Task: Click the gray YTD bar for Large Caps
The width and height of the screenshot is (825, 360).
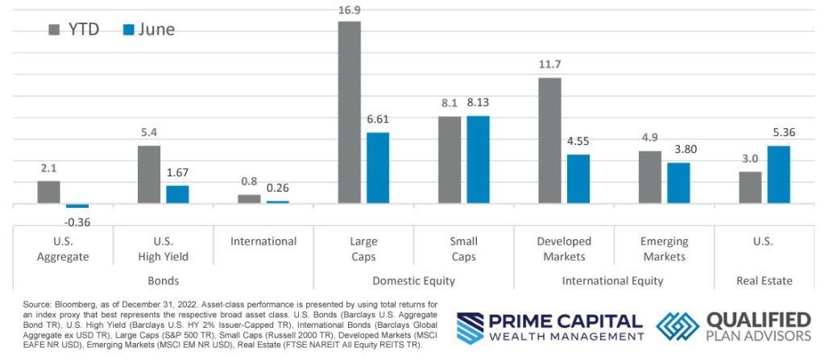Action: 349,112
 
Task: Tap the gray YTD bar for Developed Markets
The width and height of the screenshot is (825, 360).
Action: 549,140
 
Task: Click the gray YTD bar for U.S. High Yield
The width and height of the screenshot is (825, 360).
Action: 149,175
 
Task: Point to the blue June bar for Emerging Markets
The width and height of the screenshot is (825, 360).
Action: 678,183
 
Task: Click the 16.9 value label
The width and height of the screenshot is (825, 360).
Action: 349,9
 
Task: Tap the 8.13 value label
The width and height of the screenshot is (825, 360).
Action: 478,103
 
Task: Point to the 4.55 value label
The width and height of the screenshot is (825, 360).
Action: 578,142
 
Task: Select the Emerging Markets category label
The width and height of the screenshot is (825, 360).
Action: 665,249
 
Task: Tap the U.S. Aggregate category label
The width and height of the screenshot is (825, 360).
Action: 62,249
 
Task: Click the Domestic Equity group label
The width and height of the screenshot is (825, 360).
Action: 413,281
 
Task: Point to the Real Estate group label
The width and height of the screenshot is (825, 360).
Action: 764,281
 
